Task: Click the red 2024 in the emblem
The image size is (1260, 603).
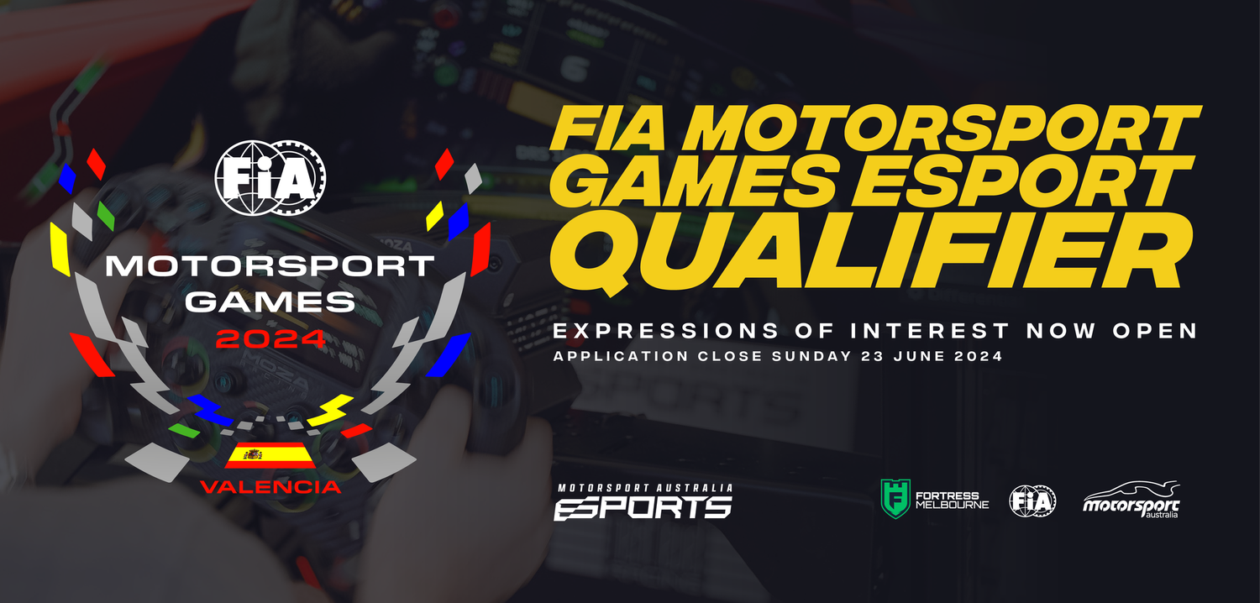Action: tap(270, 339)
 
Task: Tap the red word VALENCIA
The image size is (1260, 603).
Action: tap(270, 487)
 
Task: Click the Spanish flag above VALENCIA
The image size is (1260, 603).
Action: tap(270, 456)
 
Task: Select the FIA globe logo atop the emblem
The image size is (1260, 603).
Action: tap(270, 175)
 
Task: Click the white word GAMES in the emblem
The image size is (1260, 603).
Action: tap(270, 301)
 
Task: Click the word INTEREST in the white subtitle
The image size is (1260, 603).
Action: tap(906, 331)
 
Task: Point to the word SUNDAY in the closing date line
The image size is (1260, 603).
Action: tap(812, 356)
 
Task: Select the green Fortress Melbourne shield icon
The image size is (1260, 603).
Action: tap(895, 498)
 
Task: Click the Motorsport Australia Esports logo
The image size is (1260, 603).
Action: tap(643, 501)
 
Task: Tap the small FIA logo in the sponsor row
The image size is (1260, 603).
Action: tap(1032, 501)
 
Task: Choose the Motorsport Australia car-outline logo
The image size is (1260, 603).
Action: tap(1131, 501)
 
